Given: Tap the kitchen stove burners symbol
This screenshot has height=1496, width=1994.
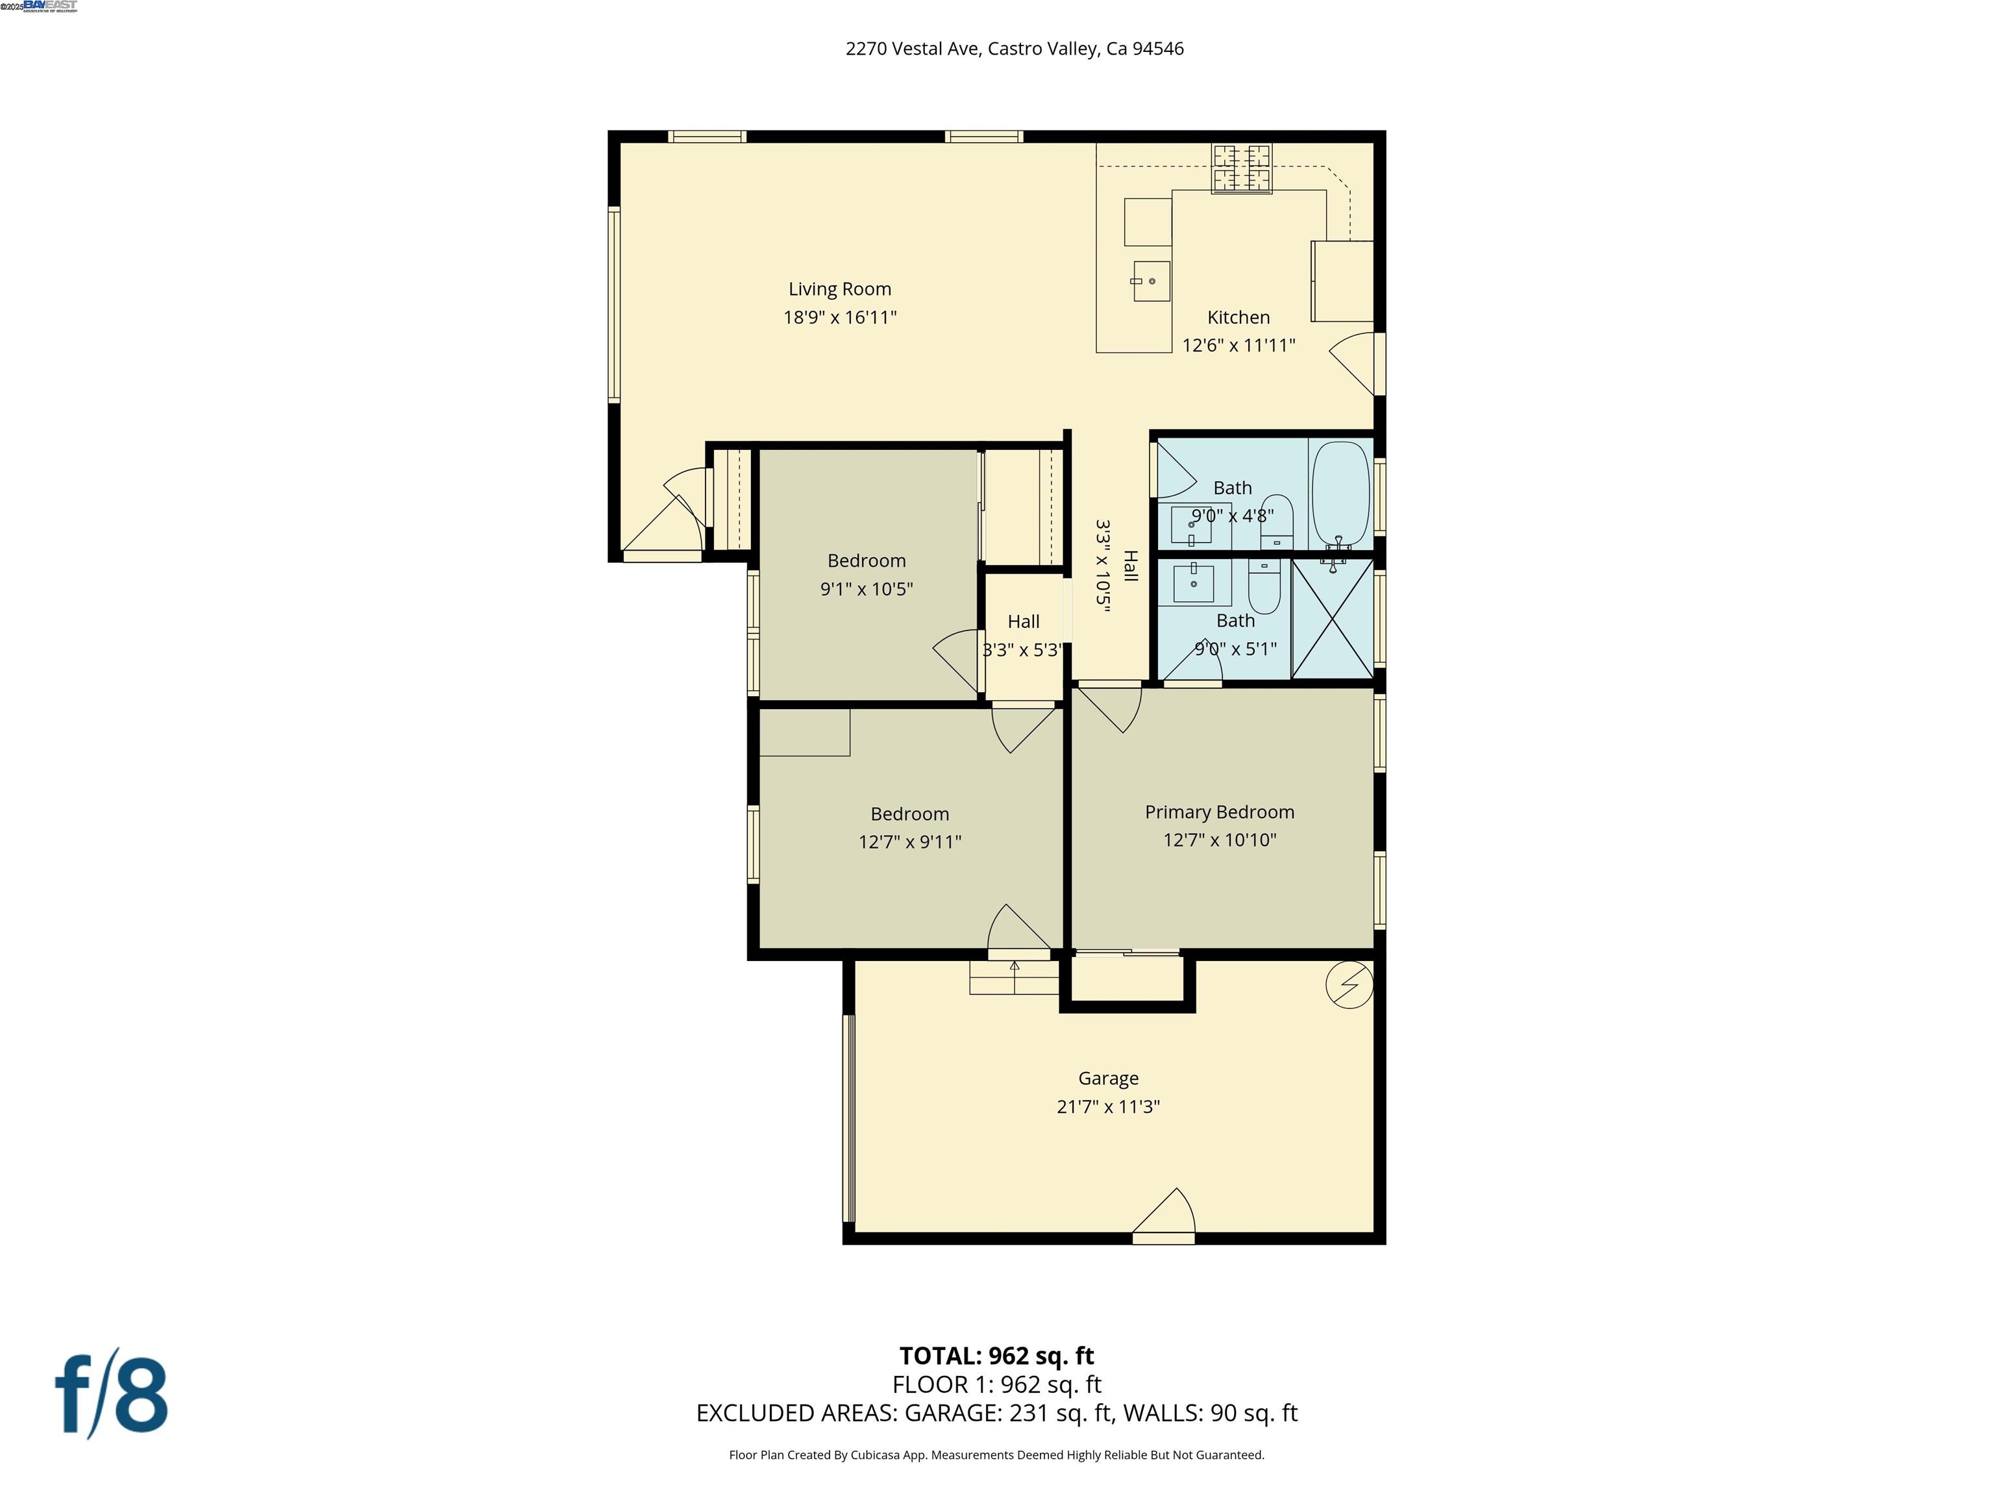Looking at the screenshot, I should [1241, 169].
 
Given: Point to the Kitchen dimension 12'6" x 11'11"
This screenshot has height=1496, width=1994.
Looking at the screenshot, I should [1238, 345].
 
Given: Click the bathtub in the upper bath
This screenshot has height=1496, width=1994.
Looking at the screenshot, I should [1340, 492].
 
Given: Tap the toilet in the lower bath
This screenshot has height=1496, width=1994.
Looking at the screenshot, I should [1264, 588].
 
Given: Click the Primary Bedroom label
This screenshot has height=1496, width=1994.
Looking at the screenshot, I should [1219, 812].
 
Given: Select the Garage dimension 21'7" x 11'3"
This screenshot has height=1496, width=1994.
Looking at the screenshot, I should [1108, 1107].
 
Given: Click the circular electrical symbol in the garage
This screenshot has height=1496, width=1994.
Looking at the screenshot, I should [1349, 985].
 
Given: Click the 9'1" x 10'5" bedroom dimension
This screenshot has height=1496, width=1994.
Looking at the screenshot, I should [867, 590].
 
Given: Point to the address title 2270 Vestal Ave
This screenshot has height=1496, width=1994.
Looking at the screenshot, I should [1014, 49].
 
